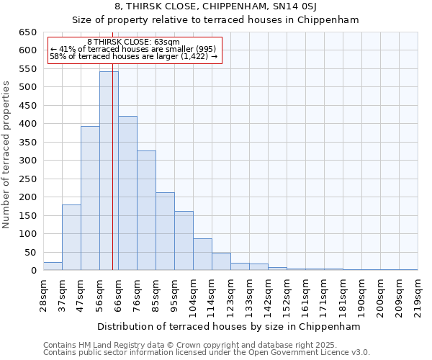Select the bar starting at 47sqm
click(90, 198)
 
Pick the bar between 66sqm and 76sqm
click(127, 193)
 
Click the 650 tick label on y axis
click(27, 32)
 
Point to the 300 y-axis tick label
click(27, 161)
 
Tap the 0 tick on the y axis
click(33, 271)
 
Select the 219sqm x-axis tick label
click(418, 294)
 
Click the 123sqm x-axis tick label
click(230, 294)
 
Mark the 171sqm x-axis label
click(324, 294)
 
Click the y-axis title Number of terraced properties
click(7, 155)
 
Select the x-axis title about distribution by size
click(228, 326)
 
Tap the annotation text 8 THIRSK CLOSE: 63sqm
click(133, 42)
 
